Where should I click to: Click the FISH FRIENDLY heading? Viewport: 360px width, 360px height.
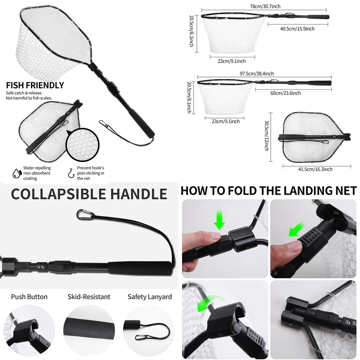[35, 85]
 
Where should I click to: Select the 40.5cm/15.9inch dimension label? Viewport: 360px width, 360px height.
[297, 29]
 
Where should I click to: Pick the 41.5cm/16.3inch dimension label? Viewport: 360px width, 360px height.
[315, 169]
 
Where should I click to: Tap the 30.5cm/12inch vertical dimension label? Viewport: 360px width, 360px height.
[266, 135]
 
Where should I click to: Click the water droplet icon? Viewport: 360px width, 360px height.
[16, 173]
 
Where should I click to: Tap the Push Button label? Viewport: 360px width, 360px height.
[29, 297]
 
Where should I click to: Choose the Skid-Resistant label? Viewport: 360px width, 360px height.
[89, 297]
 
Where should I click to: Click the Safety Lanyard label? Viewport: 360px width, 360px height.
[150, 297]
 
